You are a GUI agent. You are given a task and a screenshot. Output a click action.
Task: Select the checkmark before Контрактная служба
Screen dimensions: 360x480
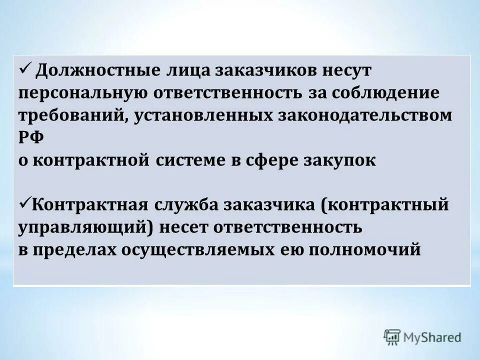[x=25, y=203]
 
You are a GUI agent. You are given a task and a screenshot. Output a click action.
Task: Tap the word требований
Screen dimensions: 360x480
[x=68, y=115]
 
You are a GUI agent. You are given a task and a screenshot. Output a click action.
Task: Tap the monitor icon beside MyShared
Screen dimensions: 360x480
[x=392, y=337]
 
